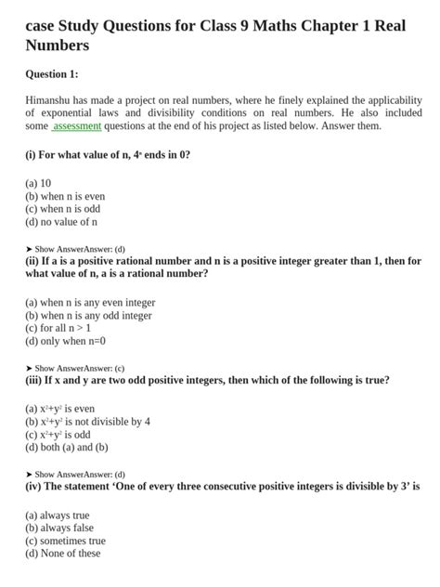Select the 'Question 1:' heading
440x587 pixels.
click(x=52, y=73)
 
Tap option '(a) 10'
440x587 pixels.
click(x=38, y=183)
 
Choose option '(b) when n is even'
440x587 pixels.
click(x=65, y=196)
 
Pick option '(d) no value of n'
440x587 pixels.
click(x=61, y=222)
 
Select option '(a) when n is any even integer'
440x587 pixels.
click(x=90, y=302)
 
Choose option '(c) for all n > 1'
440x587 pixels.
click(x=58, y=328)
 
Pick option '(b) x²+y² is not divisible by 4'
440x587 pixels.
click(x=87, y=421)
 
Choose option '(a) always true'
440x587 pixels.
click(x=58, y=515)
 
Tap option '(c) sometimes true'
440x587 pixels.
click(x=65, y=541)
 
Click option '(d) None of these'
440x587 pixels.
click(x=62, y=554)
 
